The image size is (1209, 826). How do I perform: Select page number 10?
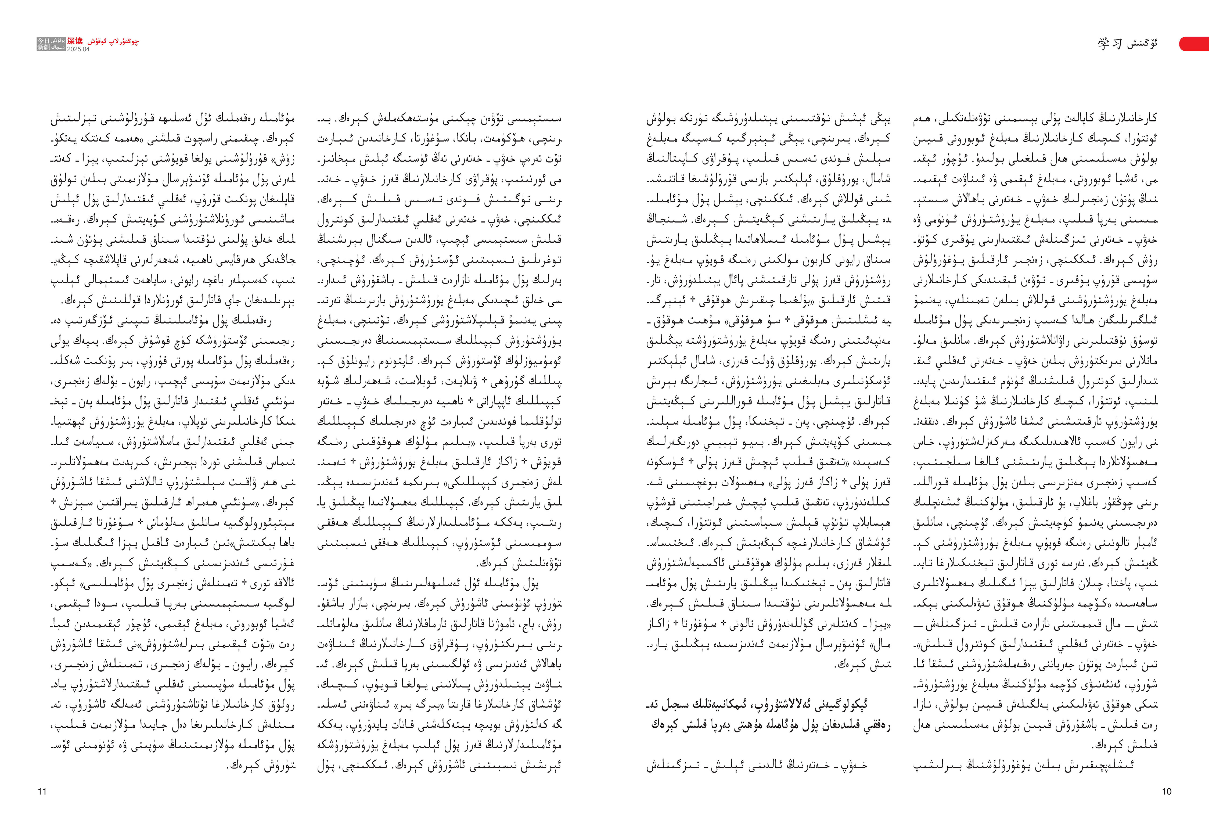click(x=1166, y=792)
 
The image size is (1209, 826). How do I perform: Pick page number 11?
click(x=42, y=792)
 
